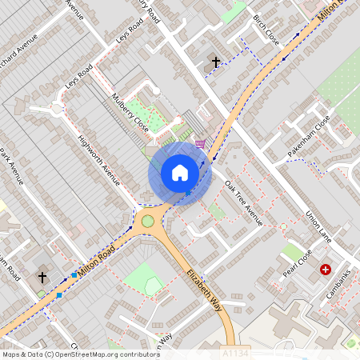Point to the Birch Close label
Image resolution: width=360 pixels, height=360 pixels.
(x=266, y=30)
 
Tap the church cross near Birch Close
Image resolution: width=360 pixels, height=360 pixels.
(x=214, y=61)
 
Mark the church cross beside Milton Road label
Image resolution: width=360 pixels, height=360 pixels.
(x=42, y=277)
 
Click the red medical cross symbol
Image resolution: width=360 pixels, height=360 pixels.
(x=325, y=270)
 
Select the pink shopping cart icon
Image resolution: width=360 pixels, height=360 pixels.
(x=199, y=144)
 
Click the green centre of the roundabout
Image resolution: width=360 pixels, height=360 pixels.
(x=148, y=221)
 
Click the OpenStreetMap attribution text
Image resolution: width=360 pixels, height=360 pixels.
(x=76, y=354)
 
